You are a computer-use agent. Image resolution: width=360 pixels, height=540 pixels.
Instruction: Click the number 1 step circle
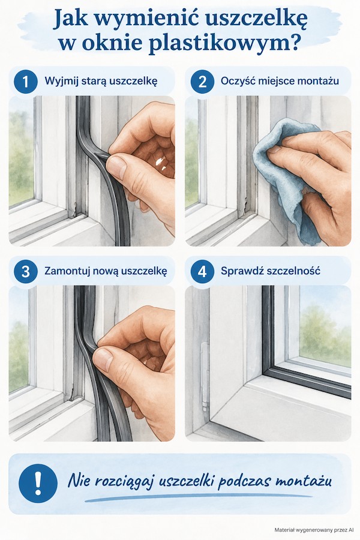(25, 82)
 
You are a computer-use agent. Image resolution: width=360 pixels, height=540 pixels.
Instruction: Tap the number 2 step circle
(202, 82)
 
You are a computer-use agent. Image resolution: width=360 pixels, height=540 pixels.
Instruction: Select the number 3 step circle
(25, 271)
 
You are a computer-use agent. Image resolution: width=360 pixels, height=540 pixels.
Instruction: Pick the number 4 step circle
(202, 271)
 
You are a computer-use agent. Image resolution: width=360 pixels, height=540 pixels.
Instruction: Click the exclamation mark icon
(38, 483)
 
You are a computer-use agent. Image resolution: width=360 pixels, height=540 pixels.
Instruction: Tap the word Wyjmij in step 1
(59, 82)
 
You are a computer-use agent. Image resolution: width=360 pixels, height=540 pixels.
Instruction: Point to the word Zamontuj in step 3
(62, 271)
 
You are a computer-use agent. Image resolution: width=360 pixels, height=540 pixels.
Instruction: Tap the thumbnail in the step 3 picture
(103, 359)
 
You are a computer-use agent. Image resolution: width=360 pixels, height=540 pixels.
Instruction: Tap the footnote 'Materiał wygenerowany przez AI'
(314, 530)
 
